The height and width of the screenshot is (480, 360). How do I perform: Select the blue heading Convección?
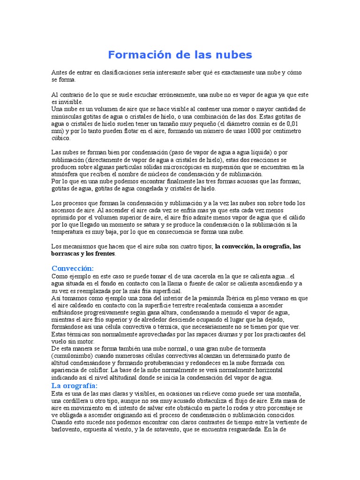click(x=73, y=268)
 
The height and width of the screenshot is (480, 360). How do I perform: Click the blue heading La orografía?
click(x=75, y=385)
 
